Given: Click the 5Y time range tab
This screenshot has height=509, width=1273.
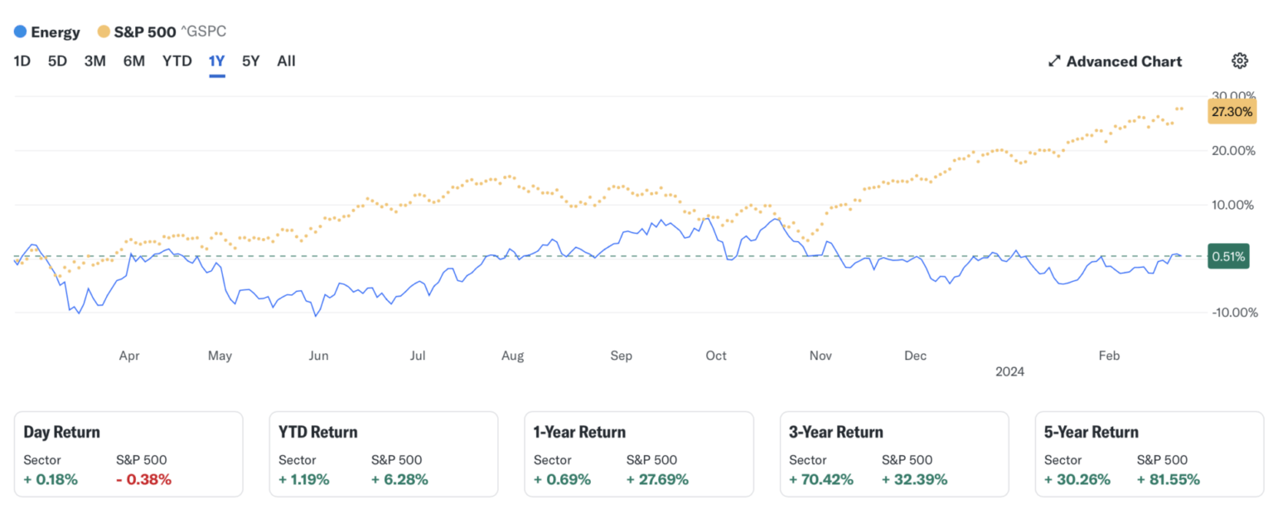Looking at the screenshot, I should click(250, 61).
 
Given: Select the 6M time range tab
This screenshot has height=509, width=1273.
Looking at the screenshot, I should click(134, 61).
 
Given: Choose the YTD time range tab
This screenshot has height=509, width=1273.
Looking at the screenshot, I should click(177, 61).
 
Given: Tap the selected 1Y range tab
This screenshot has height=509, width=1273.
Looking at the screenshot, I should click(217, 61).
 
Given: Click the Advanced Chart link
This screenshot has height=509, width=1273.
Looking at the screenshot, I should click(1115, 61).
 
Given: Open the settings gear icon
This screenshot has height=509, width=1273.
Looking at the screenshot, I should click(1239, 61).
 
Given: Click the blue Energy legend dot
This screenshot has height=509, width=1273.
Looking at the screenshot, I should click(21, 32).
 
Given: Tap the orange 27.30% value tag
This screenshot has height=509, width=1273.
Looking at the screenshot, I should click(1231, 112).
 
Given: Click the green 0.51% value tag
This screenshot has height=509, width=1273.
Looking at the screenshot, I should click(1228, 256).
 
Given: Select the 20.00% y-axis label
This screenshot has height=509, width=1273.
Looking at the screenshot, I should click(1233, 151).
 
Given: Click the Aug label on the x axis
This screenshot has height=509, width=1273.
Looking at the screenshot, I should click(512, 356).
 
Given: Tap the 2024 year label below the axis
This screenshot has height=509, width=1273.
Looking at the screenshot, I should click(1009, 371).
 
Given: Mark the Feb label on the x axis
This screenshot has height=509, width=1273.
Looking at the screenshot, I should click(1109, 356).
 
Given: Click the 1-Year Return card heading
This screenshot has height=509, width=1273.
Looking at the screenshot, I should click(579, 432).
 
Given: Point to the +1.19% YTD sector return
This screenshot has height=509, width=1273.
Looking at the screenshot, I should click(303, 479).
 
